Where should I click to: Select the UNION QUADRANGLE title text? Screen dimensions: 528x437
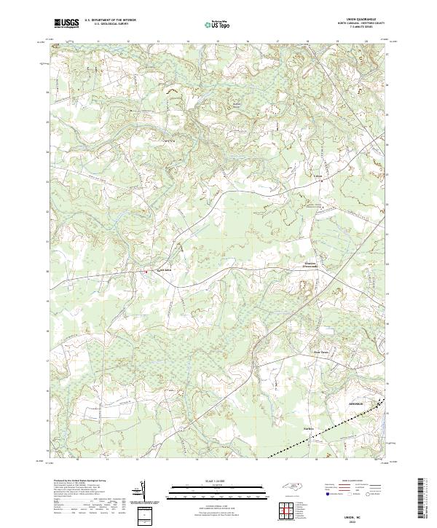[359, 20]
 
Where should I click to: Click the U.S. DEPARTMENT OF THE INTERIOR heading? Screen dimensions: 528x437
[109, 21]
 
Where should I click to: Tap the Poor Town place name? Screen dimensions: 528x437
[321, 353]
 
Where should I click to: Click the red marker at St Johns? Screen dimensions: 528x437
[146, 272]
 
